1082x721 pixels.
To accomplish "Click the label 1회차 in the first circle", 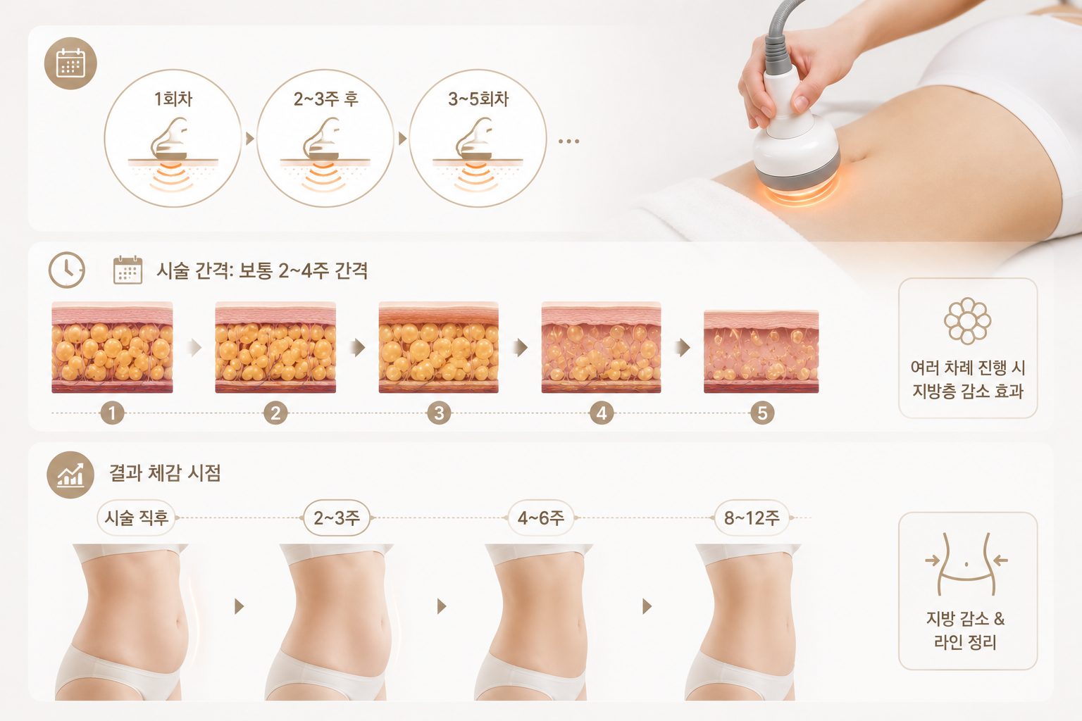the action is point(173,99).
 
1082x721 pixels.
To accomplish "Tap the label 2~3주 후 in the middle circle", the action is point(325,99).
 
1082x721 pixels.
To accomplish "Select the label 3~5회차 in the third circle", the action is point(478,99).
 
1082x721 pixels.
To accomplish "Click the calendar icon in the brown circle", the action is point(70,63).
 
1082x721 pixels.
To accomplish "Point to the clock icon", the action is point(67,270).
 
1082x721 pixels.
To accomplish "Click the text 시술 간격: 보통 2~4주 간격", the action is point(262,270).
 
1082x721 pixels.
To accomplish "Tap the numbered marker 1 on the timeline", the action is point(112,413).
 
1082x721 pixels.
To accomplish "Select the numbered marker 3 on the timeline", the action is point(439,413).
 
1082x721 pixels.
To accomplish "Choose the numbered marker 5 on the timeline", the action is point(762,413).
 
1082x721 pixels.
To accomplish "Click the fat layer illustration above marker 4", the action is point(602,347).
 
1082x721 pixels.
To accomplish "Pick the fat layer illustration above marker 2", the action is point(275,347).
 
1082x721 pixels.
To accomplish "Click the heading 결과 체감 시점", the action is point(165,472).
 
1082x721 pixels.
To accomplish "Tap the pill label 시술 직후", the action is point(137,518).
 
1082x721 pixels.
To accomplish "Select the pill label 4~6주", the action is point(541,518).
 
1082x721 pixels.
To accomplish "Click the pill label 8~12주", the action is point(752,518).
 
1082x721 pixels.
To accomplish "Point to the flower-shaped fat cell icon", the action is point(967,320).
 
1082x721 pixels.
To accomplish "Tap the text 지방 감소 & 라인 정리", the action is point(966,630).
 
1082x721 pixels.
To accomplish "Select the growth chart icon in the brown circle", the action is point(70,475).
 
